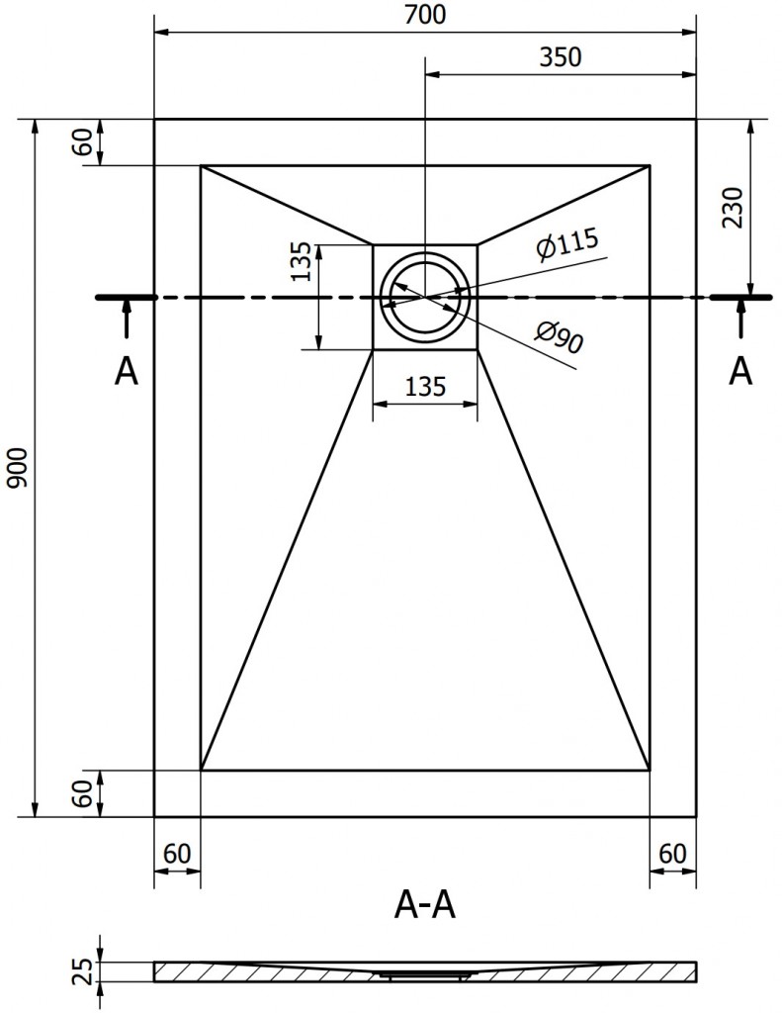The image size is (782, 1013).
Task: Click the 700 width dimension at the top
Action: [425, 15]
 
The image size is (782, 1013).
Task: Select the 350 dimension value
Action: [561, 57]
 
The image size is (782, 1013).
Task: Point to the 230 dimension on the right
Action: [733, 207]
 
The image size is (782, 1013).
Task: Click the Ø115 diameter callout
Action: [567, 244]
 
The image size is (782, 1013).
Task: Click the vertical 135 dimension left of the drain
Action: [303, 262]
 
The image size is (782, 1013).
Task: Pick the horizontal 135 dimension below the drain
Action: [425, 386]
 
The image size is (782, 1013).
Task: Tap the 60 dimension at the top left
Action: [83, 142]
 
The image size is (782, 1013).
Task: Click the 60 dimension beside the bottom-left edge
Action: [83, 793]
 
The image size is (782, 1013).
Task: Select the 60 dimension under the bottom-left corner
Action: [177, 852]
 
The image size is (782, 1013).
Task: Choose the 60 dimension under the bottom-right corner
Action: [672, 852]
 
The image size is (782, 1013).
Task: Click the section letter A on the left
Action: [126, 371]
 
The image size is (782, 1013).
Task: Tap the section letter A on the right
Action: [740, 371]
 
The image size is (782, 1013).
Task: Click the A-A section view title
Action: [425, 904]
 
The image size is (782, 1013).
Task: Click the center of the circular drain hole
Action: [425, 297]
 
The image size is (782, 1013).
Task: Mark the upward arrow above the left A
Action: [126, 322]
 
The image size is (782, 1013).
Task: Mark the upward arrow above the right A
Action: [740, 322]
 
